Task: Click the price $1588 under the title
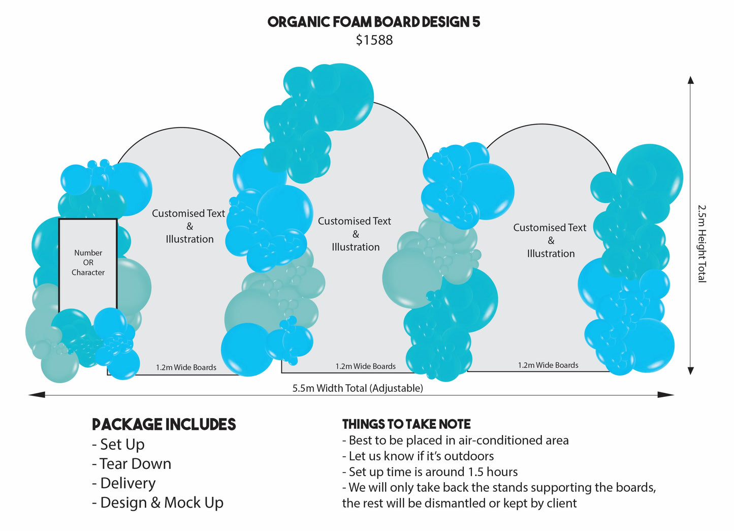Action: pyautogui.click(x=374, y=40)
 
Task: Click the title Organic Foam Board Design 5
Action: pyautogui.click(x=373, y=22)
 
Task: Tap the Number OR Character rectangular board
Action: pyautogui.click(x=88, y=263)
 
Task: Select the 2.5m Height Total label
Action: pyautogui.click(x=701, y=243)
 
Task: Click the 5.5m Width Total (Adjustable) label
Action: pyautogui.click(x=357, y=388)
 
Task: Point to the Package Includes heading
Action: pyautogui.click(x=164, y=424)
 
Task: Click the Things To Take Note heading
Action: pyautogui.click(x=406, y=424)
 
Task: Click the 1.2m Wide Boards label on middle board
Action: pyautogui.click(x=365, y=366)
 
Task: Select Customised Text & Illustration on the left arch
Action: pyautogui.click(x=189, y=226)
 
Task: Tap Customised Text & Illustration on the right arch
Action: pyautogui.click(x=550, y=240)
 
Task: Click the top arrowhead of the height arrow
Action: pyautogui.click(x=690, y=80)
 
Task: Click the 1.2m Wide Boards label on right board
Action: pyautogui.click(x=548, y=365)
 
